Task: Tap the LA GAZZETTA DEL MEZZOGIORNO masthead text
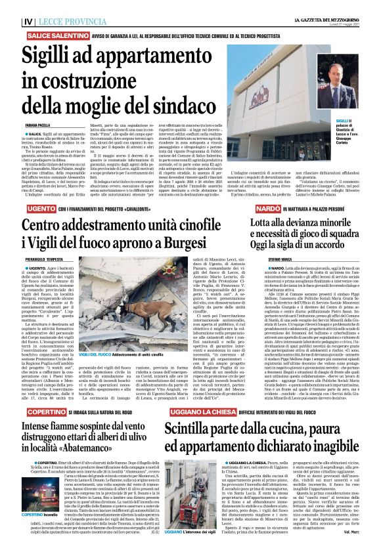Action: [x=323, y=7]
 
